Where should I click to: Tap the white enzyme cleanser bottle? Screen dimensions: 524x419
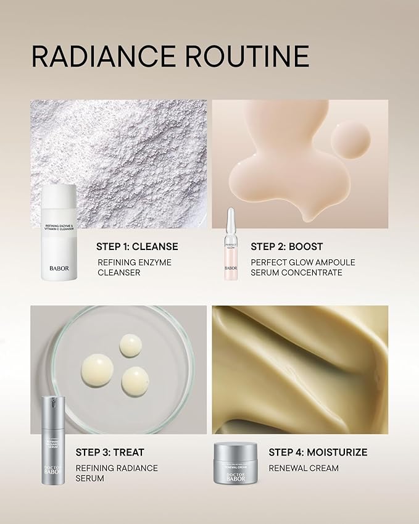click(59, 233)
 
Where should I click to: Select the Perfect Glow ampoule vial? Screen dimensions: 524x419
click(231, 244)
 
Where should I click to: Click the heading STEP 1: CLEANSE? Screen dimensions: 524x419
click(137, 246)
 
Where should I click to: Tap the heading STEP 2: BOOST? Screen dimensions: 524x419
click(287, 246)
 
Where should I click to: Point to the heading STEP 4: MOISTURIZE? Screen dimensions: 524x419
click(318, 452)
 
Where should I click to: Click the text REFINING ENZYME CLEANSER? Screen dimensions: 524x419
click(135, 267)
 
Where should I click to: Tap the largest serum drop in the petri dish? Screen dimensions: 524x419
click(96, 370)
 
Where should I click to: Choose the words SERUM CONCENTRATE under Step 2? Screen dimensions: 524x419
click(296, 272)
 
